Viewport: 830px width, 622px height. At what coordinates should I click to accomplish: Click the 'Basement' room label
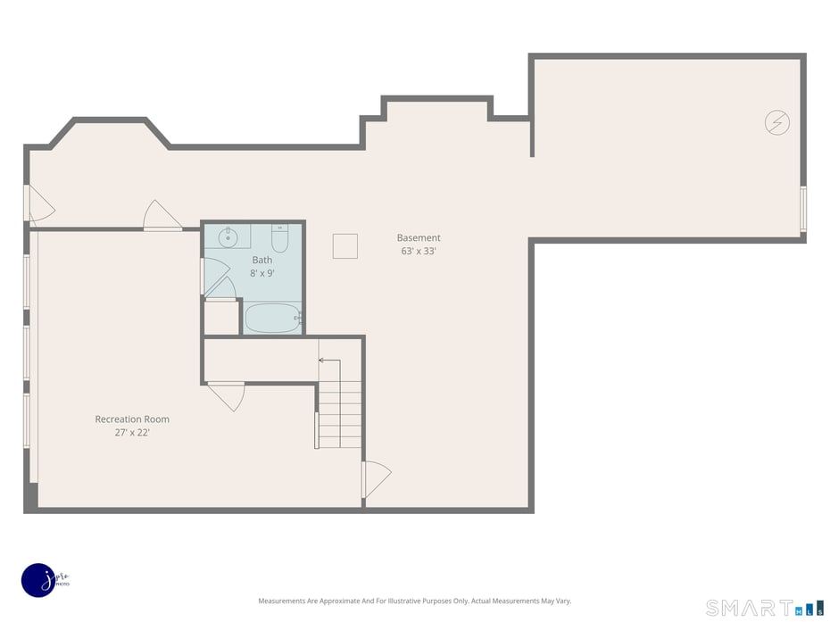[419, 237]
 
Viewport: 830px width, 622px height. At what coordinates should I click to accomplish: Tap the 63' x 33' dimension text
[419, 252]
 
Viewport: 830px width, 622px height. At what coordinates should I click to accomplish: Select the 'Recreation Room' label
[132, 419]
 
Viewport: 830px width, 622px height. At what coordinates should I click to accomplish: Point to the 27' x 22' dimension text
[132, 433]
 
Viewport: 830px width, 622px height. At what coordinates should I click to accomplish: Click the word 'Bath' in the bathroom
[261, 261]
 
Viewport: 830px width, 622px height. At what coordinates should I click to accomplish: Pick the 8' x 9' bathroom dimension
[261, 274]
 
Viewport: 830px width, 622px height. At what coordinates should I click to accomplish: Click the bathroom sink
[228, 236]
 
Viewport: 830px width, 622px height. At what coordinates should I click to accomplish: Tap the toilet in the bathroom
[279, 239]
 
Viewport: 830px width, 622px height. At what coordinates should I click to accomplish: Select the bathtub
[272, 318]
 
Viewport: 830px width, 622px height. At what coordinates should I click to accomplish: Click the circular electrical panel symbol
[777, 122]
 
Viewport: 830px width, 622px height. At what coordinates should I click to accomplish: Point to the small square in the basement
[344, 246]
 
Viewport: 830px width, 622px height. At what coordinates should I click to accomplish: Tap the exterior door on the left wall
[37, 204]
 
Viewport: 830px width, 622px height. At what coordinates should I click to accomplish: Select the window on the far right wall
[803, 209]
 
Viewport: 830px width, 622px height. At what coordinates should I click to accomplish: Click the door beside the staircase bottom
[375, 480]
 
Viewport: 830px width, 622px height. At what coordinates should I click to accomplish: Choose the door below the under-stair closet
[227, 394]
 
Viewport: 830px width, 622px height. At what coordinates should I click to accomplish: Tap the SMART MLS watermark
[763, 608]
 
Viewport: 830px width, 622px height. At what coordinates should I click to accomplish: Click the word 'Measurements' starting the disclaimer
[282, 601]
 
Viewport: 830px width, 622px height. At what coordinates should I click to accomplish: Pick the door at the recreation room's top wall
[163, 217]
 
